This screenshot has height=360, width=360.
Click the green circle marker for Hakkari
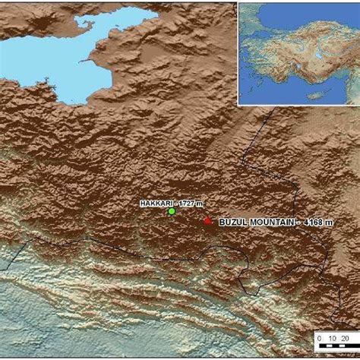[172, 212]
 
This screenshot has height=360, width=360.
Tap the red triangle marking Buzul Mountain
[207, 220]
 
